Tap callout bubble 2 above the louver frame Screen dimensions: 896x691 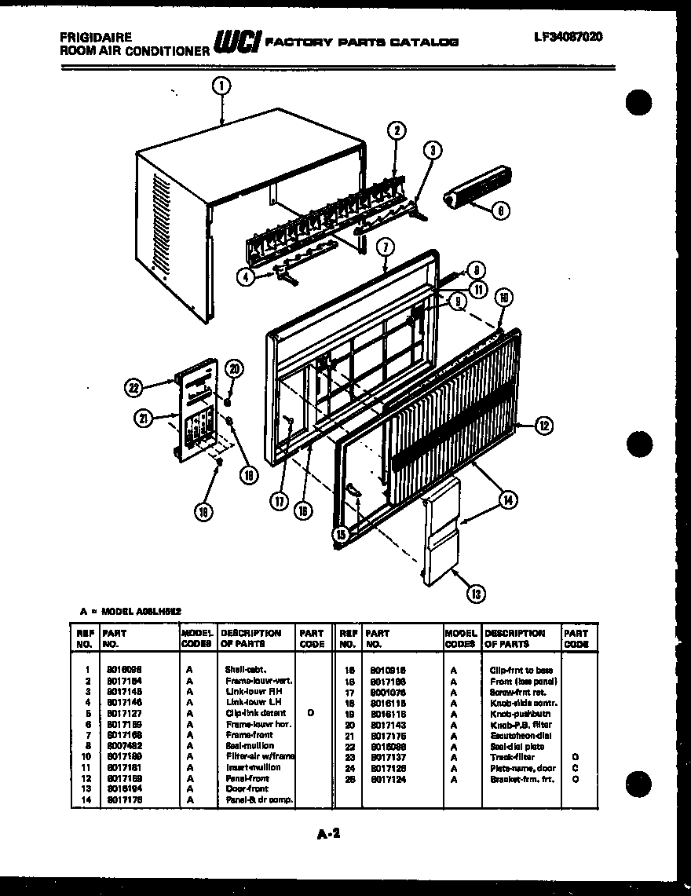click(397, 130)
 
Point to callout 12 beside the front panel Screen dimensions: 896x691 click(543, 426)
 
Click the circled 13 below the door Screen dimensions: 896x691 click(473, 594)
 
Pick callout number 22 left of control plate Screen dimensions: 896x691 click(133, 386)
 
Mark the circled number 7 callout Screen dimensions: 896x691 click(385, 247)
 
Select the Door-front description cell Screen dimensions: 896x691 click(247, 788)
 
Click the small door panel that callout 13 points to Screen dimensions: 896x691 click(441, 534)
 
